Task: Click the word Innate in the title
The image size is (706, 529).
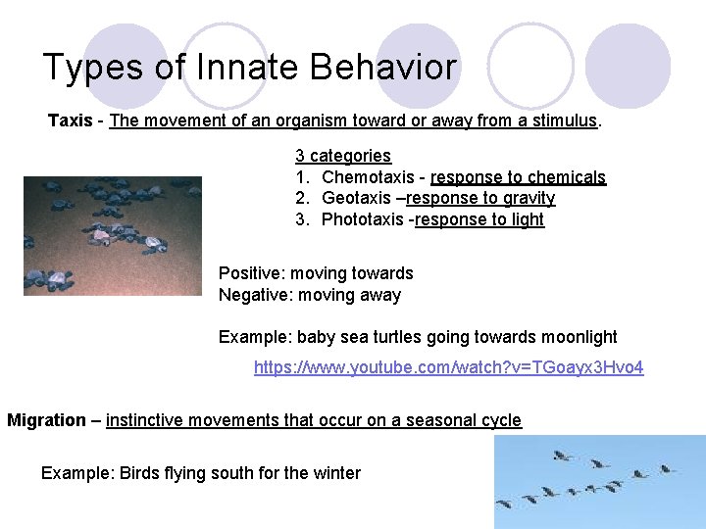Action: [248, 69]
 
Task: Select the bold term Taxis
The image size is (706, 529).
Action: [70, 121]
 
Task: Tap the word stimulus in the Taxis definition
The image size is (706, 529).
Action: [562, 121]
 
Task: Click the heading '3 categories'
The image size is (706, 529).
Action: [343, 156]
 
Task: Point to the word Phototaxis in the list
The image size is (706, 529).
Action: [361, 219]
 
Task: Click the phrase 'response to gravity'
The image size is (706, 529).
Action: [480, 198]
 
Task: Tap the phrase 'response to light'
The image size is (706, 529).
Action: [479, 219]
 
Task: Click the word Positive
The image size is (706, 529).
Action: [251, 273]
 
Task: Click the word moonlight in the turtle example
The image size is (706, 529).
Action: [574, 337]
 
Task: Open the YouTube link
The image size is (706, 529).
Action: [448, 367]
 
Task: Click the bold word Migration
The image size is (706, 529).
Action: [46, 420]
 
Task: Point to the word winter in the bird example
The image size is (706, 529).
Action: [336, 473]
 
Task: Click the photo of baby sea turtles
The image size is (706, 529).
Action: [112, 235]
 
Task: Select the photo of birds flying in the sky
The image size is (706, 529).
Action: [599, 481]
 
